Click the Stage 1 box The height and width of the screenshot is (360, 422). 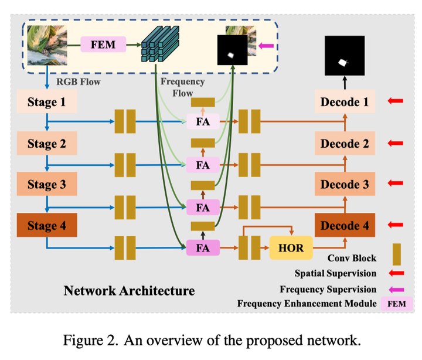[46, 102]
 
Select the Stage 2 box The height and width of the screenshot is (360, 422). [46, 143]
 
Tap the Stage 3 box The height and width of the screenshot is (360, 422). [46, 184]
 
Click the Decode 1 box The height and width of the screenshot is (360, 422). [344, 102]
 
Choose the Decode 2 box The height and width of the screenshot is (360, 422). [344, 143]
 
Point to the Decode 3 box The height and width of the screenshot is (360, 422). [344, 184]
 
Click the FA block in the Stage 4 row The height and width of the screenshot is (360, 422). [203, 247]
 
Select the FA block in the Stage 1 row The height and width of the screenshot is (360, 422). [203, 122]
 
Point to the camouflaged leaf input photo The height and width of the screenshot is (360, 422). [46, 44]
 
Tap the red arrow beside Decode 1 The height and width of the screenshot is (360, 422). [395, 102]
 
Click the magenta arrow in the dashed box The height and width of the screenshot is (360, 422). [266, 45]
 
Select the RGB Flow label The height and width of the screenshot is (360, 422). [77, 82]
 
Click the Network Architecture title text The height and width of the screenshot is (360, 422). [129, 290]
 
